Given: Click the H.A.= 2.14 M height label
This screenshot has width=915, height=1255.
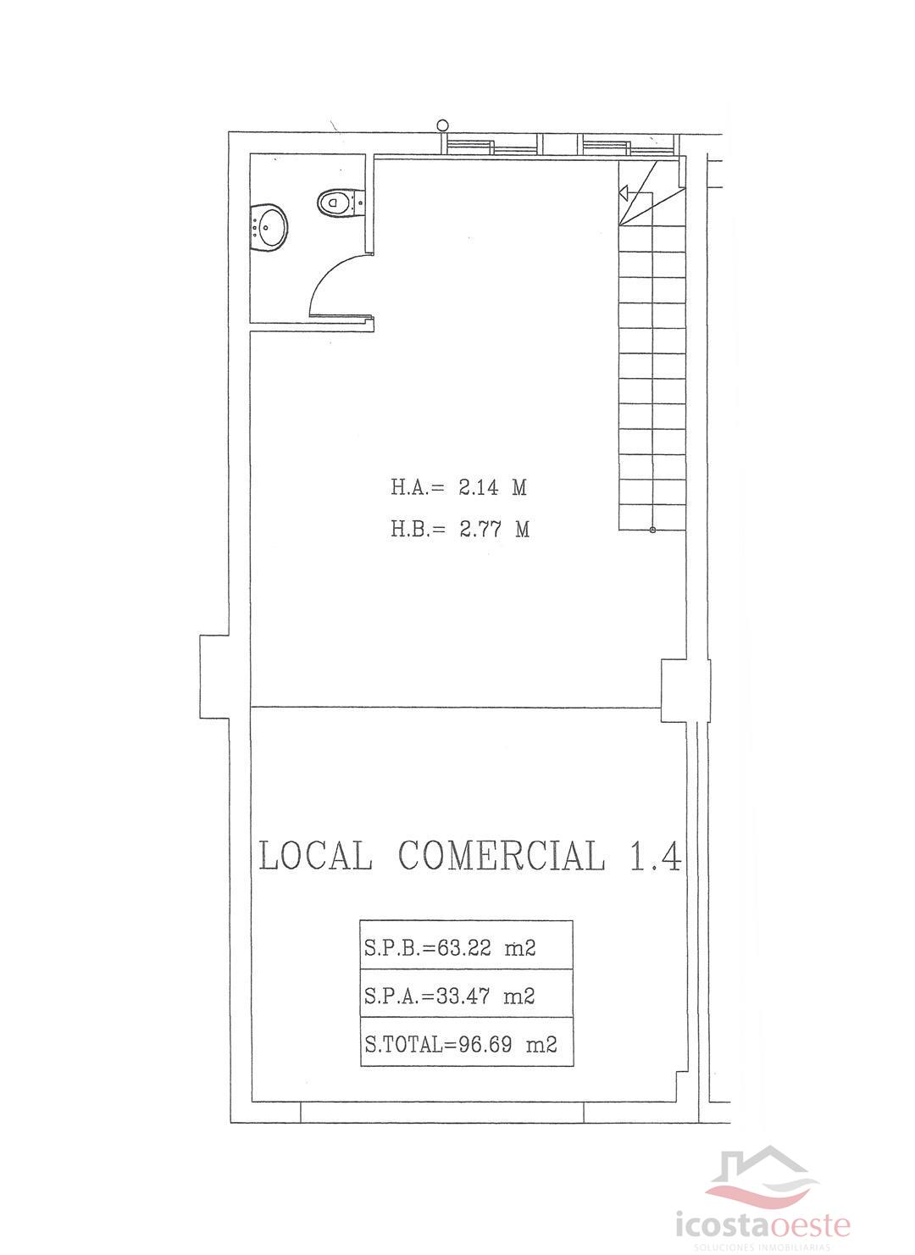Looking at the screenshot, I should click(458, 487).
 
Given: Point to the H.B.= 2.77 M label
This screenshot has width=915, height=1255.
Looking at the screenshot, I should click(460, 530).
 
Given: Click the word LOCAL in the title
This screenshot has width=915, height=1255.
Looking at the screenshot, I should click(315, 856).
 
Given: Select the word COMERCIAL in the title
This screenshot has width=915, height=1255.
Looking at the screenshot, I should click(502, 856).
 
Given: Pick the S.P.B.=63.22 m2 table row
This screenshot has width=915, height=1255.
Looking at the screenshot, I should click(466, 947).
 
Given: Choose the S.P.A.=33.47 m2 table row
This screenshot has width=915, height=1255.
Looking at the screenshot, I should click(466, 996).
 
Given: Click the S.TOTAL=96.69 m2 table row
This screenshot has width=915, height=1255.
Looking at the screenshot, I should click(466, 1044).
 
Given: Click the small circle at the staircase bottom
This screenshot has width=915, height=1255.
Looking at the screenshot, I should click(652, 530).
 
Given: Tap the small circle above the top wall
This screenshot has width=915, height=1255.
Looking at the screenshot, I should click(442, 125).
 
